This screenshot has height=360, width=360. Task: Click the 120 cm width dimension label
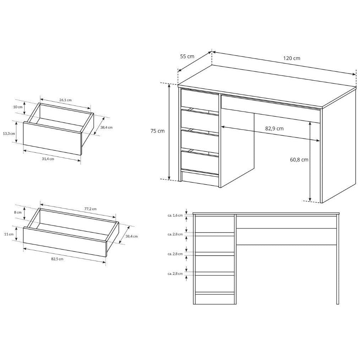[291, 58]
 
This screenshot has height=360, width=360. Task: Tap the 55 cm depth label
[187, 56]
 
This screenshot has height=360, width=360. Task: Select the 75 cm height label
[158, 131]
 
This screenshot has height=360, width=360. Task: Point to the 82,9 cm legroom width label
[274, 129]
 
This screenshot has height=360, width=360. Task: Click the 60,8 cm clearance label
[299, 160]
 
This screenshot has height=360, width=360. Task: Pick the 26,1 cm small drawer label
[65, 100]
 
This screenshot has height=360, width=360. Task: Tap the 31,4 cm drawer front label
[48, 159]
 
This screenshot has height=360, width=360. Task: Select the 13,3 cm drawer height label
[9, 133]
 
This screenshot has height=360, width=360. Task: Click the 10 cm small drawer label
[18, 107]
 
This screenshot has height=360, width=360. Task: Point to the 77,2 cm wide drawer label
[90, 209]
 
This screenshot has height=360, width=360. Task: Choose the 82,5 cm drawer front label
[57, 259]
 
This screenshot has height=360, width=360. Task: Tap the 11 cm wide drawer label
[9, 234]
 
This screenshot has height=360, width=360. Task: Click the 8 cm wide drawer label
[18, 212]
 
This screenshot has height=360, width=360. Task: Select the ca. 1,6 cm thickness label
[175, 216]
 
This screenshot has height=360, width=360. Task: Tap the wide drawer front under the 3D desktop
[271, 108]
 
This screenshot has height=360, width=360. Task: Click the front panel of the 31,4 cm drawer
[52, 138]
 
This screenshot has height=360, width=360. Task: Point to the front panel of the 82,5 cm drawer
[65, 241]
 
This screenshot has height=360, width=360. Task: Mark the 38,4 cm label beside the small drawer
[106, 127]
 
